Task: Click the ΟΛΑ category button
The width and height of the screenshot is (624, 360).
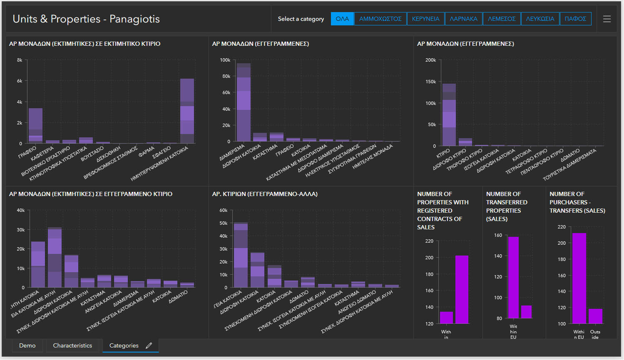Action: click(x=342, y=19)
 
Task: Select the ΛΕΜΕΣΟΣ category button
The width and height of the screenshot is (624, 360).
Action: click(x=501, y=19)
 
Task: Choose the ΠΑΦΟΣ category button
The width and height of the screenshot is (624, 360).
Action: click(x=575, y=19)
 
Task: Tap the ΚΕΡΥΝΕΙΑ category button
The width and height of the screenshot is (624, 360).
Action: click(x=425, y=19)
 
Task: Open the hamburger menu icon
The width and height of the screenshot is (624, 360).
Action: click(x=607, y=19)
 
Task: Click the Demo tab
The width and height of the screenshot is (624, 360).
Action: click(x=27, y=345)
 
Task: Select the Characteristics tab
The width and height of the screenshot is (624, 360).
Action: click(x=72, y=345)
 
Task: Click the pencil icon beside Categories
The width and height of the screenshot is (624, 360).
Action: click(x=149, y=345)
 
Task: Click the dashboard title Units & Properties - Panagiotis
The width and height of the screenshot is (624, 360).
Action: click(x=86, y=19)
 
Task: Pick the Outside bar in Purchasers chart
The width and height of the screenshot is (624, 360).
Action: click(x=595, y=316)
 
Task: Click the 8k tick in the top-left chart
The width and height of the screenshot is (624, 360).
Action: click(x=20, y=60)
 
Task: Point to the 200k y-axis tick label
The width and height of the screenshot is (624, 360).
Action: click(x=430, y=60)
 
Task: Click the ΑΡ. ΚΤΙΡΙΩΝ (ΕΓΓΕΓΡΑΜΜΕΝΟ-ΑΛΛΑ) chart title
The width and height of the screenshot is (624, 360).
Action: click(x=265, y=194)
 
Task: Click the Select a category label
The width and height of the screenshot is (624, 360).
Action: click(x=301, y=19)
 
